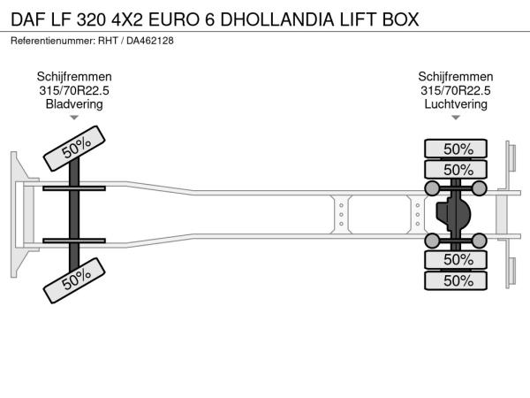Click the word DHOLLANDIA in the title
click(277, 19)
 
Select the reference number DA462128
click(150, 41)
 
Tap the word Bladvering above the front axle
click(74, 103)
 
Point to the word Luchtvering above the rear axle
click(456, 103)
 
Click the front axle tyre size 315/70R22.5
click(74, 90)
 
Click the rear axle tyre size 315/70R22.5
click(456, 90)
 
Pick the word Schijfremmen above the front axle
click(74, 77)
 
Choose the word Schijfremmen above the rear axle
click(456, 77)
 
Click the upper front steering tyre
click(74, 149)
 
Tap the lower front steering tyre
click(74, 280)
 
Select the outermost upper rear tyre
click(456, 149)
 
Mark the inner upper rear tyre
click(456, 169)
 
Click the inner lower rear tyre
click(456, 259)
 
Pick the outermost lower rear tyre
click(456, 280)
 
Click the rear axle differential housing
click(453, 215)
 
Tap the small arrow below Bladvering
click(74, 118)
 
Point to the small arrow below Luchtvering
click(456, 118)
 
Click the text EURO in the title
click(174, 19)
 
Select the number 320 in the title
click(91, 19)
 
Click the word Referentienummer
click(53, 41)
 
